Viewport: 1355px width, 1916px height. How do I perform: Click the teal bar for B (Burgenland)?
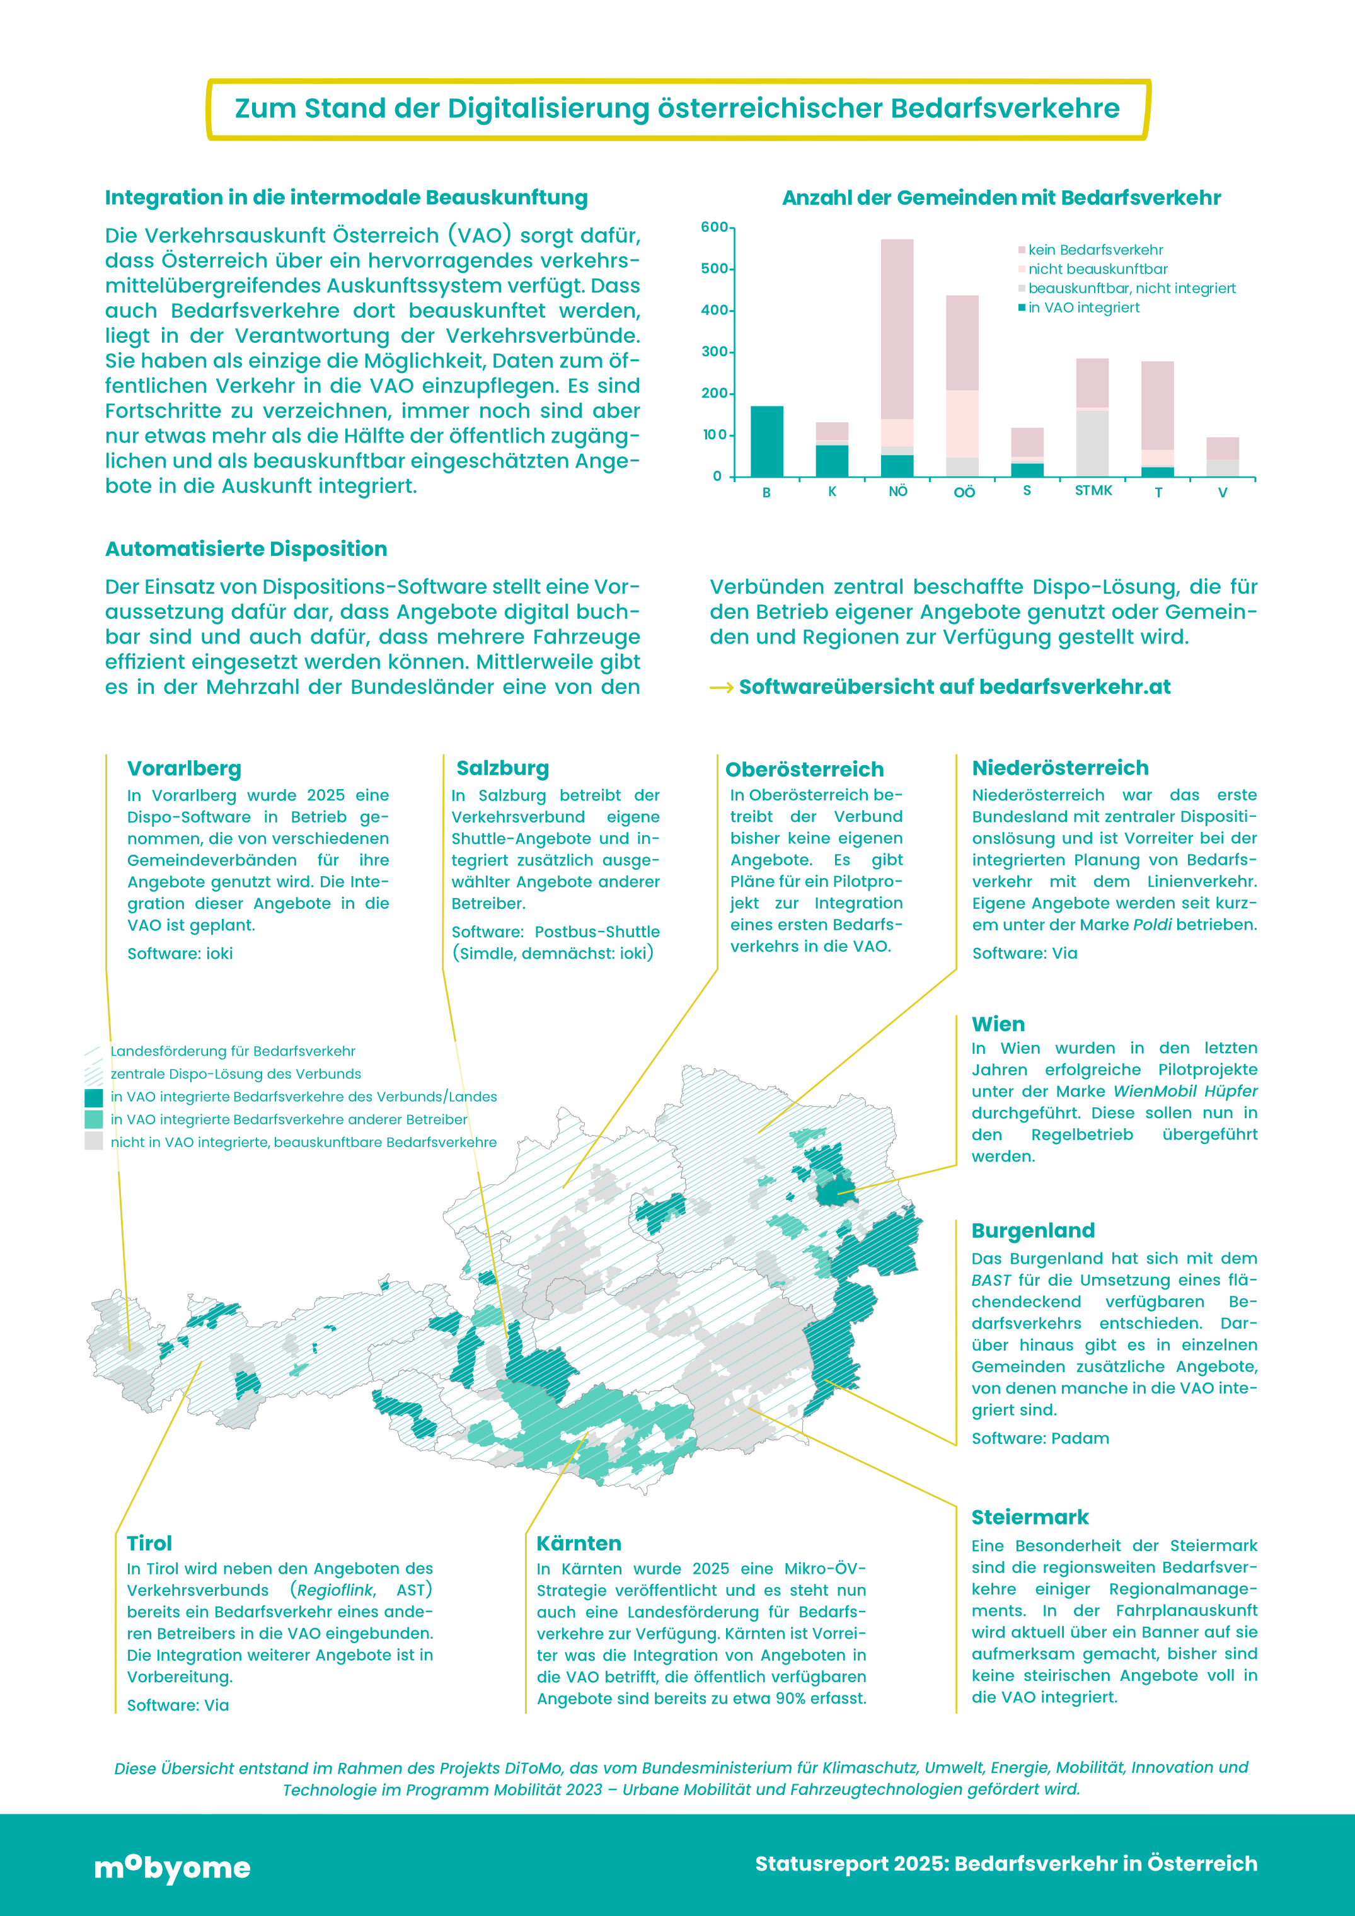[x=767, y=441]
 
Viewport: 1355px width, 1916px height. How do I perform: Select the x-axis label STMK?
[x=1093, y=491]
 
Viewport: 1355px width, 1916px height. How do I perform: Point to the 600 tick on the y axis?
[x=714, y=227]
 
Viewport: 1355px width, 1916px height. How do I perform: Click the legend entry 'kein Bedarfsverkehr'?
[x=1095, y=250]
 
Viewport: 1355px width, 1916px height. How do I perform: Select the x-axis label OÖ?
[x=964, y=492]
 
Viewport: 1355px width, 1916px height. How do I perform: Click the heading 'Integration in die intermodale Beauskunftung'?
[x=346, y=198]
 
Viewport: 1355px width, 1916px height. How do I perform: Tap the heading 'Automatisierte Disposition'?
[x=246, y=549]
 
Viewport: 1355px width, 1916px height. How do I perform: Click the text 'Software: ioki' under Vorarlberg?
[x=180, y=953]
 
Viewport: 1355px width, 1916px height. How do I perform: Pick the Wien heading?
[x=998, y=1024]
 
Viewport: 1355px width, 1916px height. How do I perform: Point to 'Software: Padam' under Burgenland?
[x=1040, y=1438]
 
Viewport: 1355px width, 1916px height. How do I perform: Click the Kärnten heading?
[x=578, y=1543]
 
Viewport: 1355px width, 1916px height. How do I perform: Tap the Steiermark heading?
[x=1030, y=1517]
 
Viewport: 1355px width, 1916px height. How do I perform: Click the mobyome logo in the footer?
[x=173, y=1867]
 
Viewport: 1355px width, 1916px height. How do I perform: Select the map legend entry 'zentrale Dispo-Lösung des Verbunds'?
[x=235, y=1074]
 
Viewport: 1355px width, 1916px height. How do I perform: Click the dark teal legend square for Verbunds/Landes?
[x=93, y=1097]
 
